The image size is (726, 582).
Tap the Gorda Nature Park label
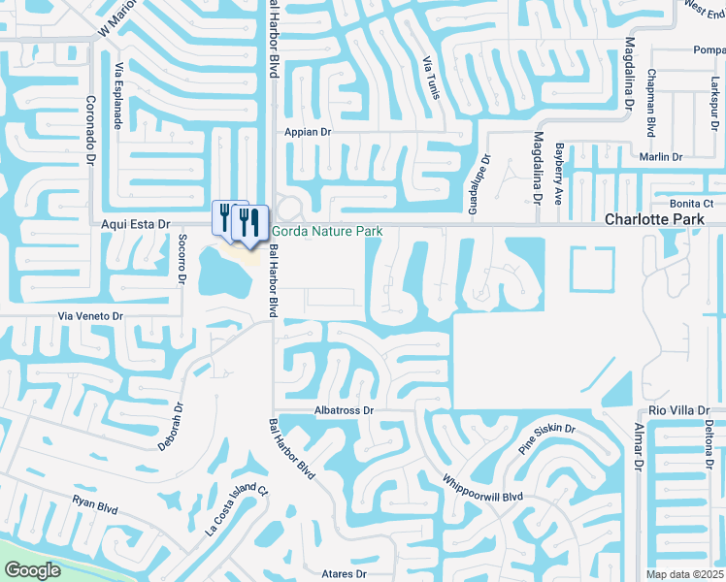(x=327, y=232)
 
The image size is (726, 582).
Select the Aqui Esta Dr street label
(x=136, y=224)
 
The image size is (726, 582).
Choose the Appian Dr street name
(x=308, y=132)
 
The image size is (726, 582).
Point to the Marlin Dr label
(x=662, y=157)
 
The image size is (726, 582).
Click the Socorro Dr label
(x=181, y=259)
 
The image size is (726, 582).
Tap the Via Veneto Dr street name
(x=91, y=316)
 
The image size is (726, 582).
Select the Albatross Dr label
(x=344, y=411)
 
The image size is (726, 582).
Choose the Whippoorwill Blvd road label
(x=482, y=487)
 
